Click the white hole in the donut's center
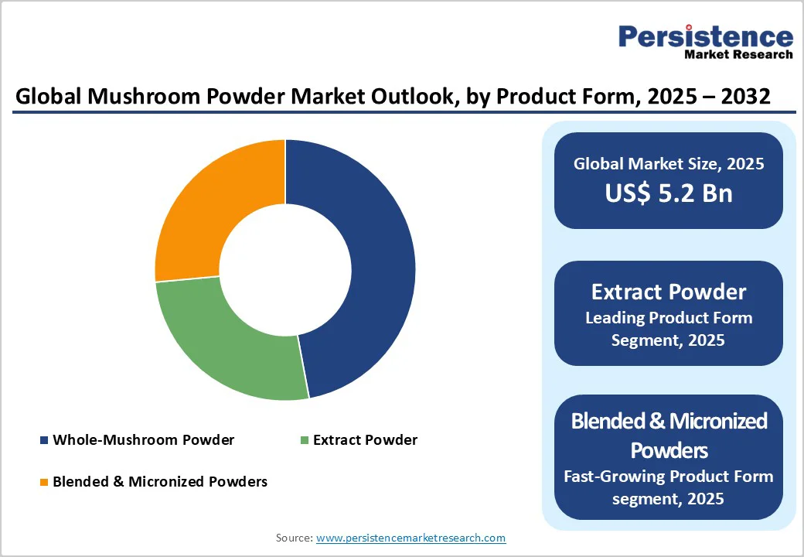coord(284,269)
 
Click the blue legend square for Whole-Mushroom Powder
coord(44,441)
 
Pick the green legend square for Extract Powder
coord(305,441)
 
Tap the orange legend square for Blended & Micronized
coord(44,482)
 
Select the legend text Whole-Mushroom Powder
coord(143,440)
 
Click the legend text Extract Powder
coord(365,440)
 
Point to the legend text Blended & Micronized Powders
coord(159,481)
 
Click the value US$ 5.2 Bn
coord(669,193)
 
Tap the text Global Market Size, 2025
coord(669,163)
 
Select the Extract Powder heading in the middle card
coord(669,292)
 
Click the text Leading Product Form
coord(669,318)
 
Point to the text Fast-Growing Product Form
coord(669,477)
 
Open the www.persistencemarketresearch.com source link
coord(411,537)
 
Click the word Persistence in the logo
coord(706,36)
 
